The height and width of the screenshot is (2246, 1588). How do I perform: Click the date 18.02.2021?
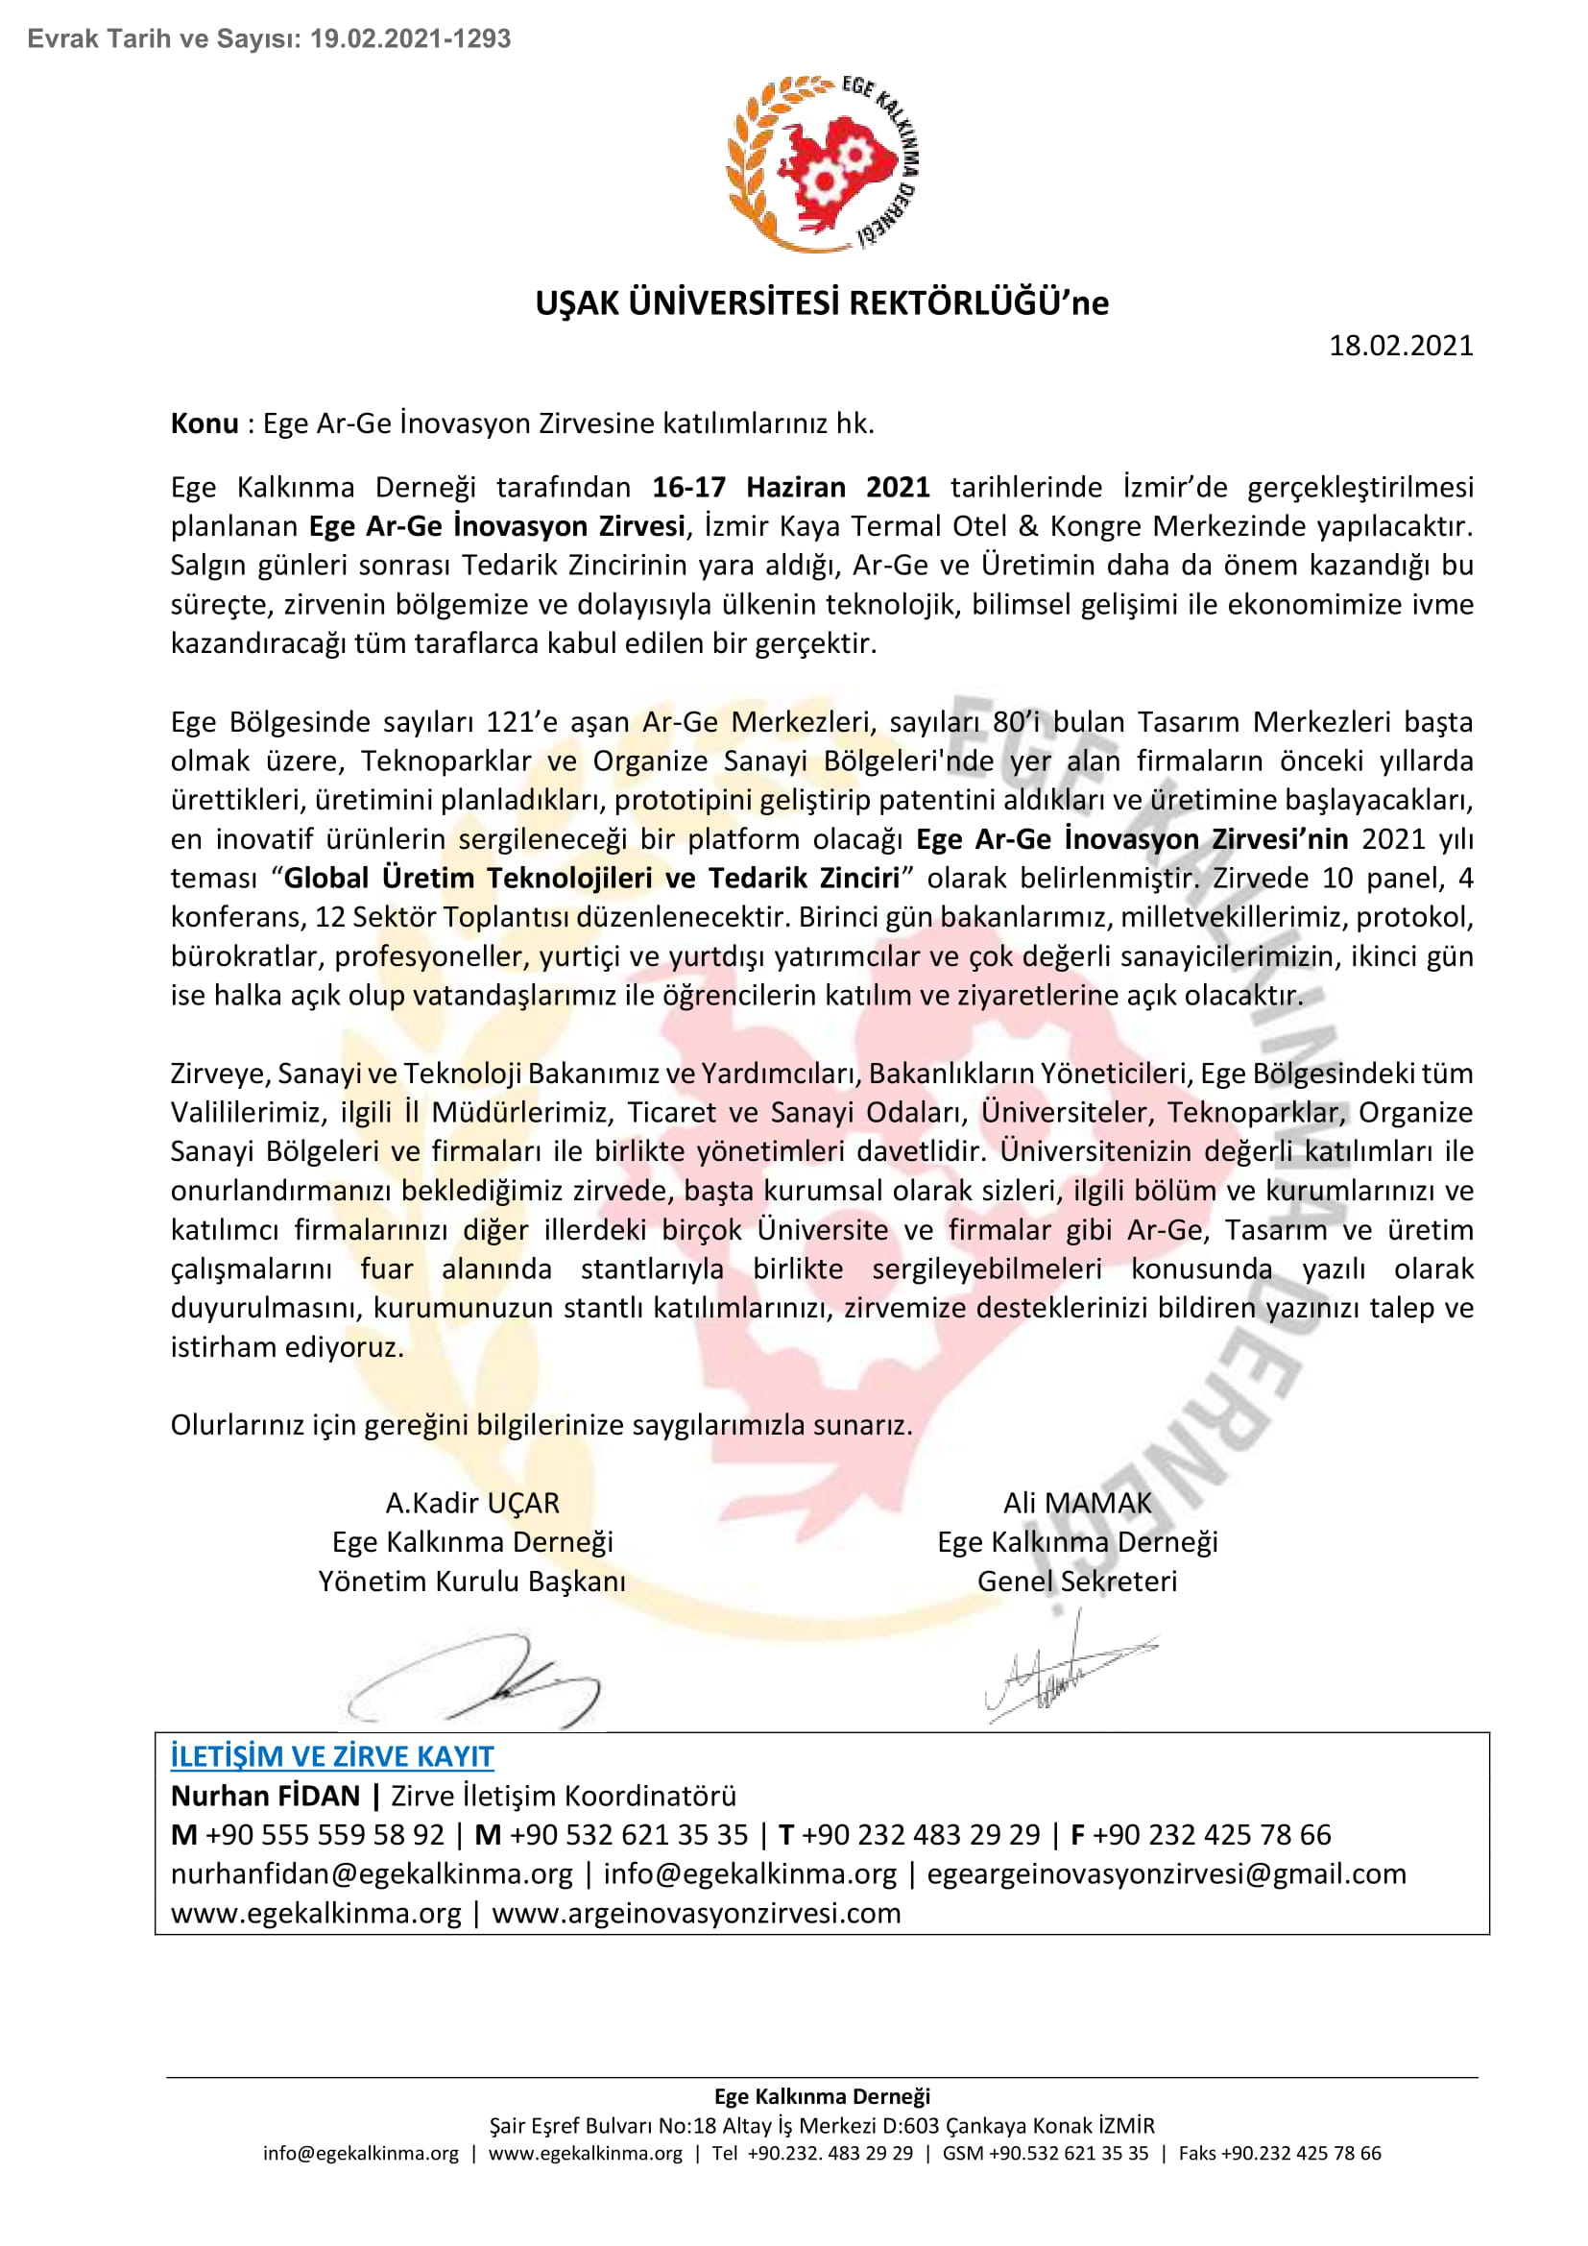1399,346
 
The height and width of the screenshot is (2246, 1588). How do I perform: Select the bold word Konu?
205,423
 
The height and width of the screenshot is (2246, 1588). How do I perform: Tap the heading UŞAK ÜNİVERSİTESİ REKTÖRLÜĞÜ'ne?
822,303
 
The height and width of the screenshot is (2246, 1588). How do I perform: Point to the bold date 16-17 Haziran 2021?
790,487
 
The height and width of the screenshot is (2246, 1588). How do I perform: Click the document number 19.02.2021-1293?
411,39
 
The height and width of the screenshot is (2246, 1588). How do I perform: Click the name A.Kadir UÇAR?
472,1503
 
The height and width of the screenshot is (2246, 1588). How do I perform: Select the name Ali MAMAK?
1076,1503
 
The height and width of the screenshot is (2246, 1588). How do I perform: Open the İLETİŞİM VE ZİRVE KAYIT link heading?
332,1756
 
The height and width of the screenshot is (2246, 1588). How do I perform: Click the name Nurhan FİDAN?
265,1796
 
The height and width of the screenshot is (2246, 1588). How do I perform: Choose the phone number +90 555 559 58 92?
325,1835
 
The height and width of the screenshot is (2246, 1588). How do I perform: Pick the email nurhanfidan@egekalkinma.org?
372,1874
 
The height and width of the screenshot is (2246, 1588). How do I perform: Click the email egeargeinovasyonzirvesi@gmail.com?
1166,1874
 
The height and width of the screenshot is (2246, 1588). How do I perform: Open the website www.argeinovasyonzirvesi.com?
695,1914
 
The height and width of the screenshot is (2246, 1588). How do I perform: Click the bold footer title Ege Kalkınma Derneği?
822,2096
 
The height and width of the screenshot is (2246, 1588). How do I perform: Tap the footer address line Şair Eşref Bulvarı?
822,2126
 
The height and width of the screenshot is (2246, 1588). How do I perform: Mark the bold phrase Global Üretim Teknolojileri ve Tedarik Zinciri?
591,879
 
